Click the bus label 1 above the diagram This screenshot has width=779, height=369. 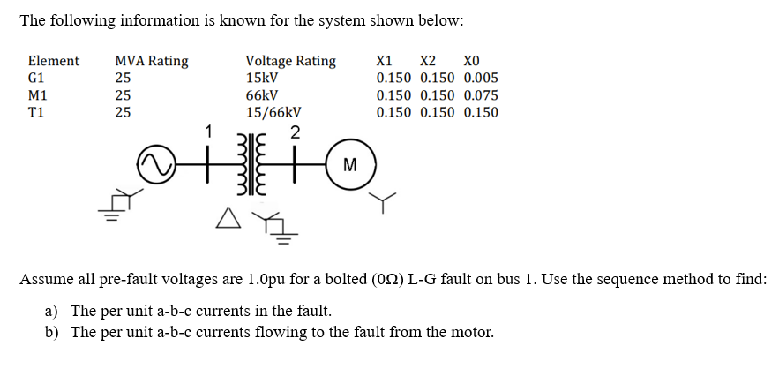[x=209, y=132]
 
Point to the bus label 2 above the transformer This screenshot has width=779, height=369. [x=296, y=133]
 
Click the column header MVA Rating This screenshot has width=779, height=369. [x=151, y=61]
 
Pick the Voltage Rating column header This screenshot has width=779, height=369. [x=290, y=61]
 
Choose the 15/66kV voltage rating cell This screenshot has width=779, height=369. [x=273, y=112]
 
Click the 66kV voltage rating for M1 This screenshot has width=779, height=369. [x=262, y=95]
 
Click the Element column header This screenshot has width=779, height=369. [x=54, y=61]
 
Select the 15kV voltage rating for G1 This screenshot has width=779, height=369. [x=262, y=78]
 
